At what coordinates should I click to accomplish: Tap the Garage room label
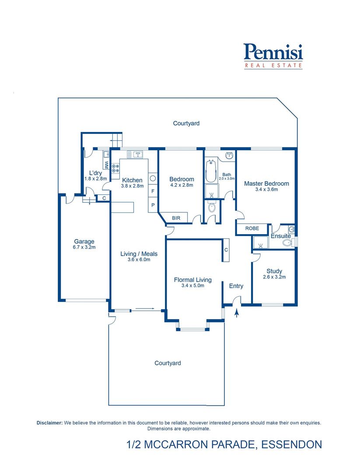(x=84, y=241)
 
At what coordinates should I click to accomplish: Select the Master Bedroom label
(x=266, y=184)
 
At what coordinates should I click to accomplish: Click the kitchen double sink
(x=135, y=155)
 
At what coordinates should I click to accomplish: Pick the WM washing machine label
(x=106, y=165)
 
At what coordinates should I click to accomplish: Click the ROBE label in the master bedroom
(x=252, y=229)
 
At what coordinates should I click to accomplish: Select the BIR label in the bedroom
(x=176, y=218)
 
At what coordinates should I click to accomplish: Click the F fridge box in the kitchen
(x=153, y=191)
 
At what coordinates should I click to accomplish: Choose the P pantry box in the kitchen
(x=153, y=205)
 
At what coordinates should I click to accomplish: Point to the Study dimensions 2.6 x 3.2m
(x=274, y=277)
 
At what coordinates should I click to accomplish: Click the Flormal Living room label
(x=193, y=280)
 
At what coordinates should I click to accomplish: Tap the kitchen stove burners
(x=115, y=168)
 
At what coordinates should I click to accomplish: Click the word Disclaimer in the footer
(x=50, y=423)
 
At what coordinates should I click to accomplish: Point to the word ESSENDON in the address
(x=292, y=444)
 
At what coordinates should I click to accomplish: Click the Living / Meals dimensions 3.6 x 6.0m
(x=139, y=260)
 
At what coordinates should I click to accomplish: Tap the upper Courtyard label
(x=186, y=123)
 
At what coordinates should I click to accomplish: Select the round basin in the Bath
(x=230, y=156)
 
